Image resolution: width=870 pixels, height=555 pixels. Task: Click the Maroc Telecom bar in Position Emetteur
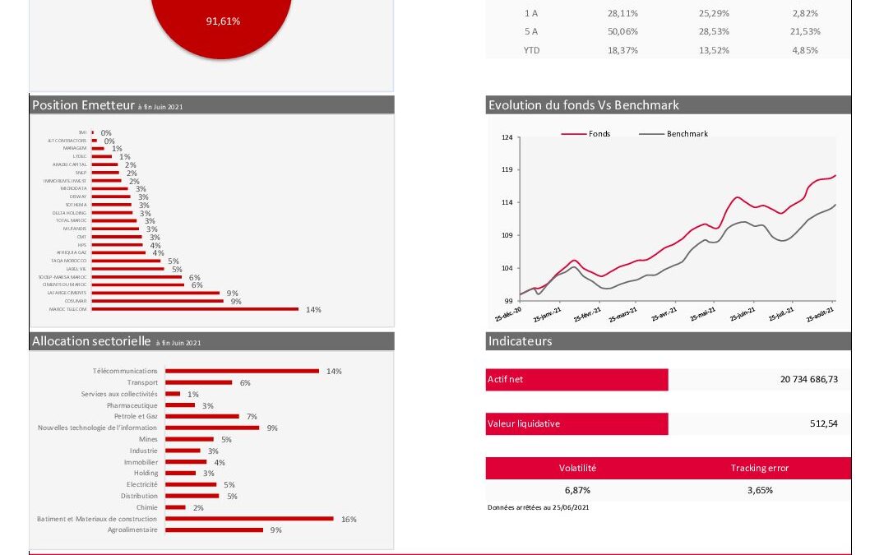(x=195, y=309)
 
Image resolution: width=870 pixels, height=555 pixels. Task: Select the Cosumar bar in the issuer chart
(x=157, y=301)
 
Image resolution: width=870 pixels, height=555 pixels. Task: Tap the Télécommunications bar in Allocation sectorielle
(x=242, y=371)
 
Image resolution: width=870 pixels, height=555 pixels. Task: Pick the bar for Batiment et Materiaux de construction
(x=249, y=519)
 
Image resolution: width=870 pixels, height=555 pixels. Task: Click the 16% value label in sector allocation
(x=349, y=520)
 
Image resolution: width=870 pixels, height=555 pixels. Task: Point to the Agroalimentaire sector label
(x=132, y=530)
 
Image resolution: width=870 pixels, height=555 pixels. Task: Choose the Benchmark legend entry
(x=687, y=133)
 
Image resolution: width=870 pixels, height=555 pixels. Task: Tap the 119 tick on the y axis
(x=507, y=170)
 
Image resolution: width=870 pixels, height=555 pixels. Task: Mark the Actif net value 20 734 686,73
(x=809, y=379)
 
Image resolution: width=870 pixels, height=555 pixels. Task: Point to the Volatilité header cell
(x=577, y=468)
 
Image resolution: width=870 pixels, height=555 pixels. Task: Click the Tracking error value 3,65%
(x=759, y=490)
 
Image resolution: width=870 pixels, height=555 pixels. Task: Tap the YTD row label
(x=531, y=50)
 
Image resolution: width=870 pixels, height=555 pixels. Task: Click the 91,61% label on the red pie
(x=223, y=21)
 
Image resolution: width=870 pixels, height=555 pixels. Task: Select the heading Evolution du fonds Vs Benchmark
(x=584, y=105)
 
